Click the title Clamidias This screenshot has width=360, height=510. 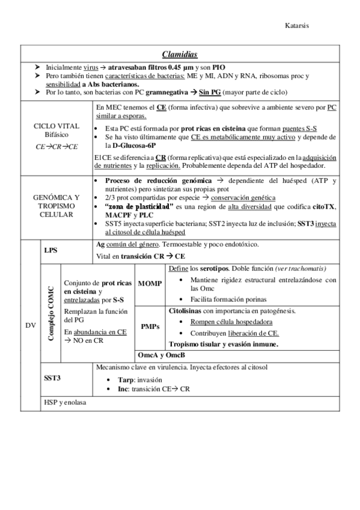pyautogui.click(x=180, y=54)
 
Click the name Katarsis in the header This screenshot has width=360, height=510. pyautogui.click(x=298, y=26)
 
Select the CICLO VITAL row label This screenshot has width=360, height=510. pyautogui.click(x=58, y=125)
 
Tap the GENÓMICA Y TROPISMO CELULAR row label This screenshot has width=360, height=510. pyautogui.click(x=58, y=206)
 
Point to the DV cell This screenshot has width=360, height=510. pyautogui.click(x=30, y=325)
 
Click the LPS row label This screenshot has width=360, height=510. pyautogui.click(x=51, y=250)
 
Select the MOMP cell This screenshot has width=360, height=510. pyautogui.click(x=150, y=283)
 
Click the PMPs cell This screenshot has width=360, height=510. pyautogui.click(x=150, y=327)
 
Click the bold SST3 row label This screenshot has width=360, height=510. pyautogui.click(x=52, y=379)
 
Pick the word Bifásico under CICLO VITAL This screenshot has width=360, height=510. pyautogui.click(x=57, y=135)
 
